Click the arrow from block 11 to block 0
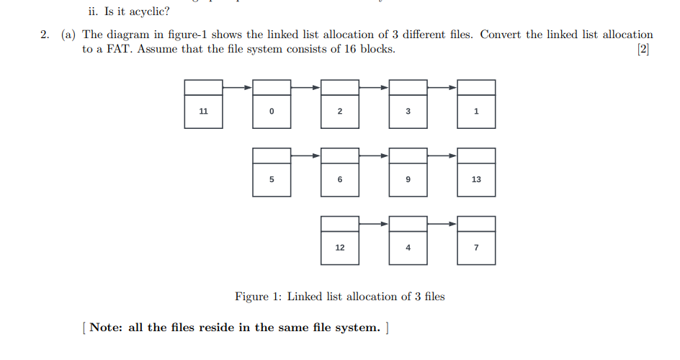click(238, 87)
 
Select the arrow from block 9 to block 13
click(442, 156)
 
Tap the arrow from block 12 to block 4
click(374, 224)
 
